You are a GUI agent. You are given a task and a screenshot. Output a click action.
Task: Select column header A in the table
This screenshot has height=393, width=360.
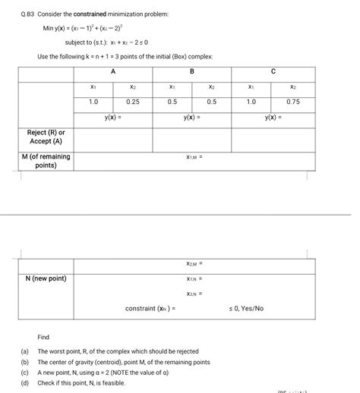(113, 71)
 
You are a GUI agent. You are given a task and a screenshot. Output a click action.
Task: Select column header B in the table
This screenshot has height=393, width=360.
(191, 71)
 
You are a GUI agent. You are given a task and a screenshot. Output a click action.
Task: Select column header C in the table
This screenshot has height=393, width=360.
(273, 71)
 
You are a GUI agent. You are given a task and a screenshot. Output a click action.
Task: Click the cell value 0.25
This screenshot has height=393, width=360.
(133, 102)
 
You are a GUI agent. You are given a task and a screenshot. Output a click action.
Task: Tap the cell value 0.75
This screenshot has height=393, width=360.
(292, 102)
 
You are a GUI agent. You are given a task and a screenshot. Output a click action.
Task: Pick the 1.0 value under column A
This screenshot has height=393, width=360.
(93, 102)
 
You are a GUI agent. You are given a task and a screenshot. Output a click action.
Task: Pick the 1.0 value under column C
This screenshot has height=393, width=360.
(251, 102)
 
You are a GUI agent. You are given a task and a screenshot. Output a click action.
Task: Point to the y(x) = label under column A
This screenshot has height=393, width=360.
(113, 118)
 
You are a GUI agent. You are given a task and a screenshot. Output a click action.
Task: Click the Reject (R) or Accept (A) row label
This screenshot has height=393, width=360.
(46, 137)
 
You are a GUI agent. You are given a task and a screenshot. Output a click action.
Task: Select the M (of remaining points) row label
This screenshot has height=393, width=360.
(46, 161)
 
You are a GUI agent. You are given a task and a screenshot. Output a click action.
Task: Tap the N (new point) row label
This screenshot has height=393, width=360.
(46, 278)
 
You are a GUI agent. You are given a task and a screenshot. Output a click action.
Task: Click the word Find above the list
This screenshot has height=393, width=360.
(43, 336)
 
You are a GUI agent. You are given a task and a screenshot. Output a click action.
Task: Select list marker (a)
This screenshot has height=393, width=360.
(24, 351)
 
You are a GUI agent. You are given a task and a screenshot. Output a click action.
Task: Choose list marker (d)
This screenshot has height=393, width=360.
(24, 383)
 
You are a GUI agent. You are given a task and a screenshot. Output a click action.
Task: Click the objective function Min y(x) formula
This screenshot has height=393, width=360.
(84, 28)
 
